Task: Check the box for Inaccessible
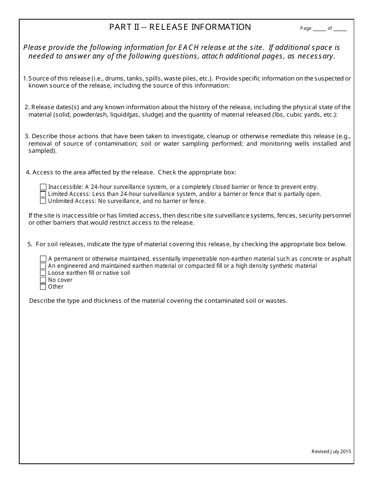43,187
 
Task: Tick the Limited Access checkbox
43,194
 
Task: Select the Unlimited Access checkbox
43,201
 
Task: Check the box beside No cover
43,280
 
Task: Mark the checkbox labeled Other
43,287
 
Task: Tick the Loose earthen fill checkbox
43,273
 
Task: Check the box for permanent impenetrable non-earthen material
43,259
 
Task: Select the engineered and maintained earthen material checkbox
43,266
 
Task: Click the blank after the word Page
320,28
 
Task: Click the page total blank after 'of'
340,28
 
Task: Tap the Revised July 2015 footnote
331,452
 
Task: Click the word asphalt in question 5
341,259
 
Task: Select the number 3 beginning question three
27,136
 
